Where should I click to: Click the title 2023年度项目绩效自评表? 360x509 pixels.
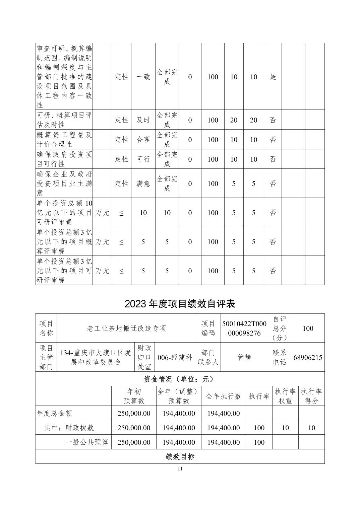pos(180,304)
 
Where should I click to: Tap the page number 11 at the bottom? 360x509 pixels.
pos(180,468)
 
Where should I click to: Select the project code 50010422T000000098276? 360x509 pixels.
pos(244,328)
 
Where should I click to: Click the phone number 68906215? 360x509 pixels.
pos(308,357)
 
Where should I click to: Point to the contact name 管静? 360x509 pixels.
pos(244,357)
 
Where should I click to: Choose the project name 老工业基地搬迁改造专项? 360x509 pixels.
pos(127,328)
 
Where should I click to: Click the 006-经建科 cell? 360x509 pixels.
pos(175,357)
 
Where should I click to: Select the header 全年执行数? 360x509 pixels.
pos(223,396)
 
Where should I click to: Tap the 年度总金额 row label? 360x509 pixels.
pos(54,414)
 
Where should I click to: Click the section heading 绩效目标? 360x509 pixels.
pos(180,457)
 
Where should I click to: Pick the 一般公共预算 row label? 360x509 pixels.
pos(87,442)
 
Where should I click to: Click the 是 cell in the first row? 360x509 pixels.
pos(273,77)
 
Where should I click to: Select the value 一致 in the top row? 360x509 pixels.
pos(143,77)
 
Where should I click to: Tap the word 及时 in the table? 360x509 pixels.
pos(143,120)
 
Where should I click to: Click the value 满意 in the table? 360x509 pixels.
pos(143,184)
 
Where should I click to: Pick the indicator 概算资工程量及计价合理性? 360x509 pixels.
pos(64,140)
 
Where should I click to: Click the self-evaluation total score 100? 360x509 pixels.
pos(308,328)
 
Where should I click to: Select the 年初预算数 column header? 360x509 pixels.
pos(134,396)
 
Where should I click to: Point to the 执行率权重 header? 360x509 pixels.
pos(285,396)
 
